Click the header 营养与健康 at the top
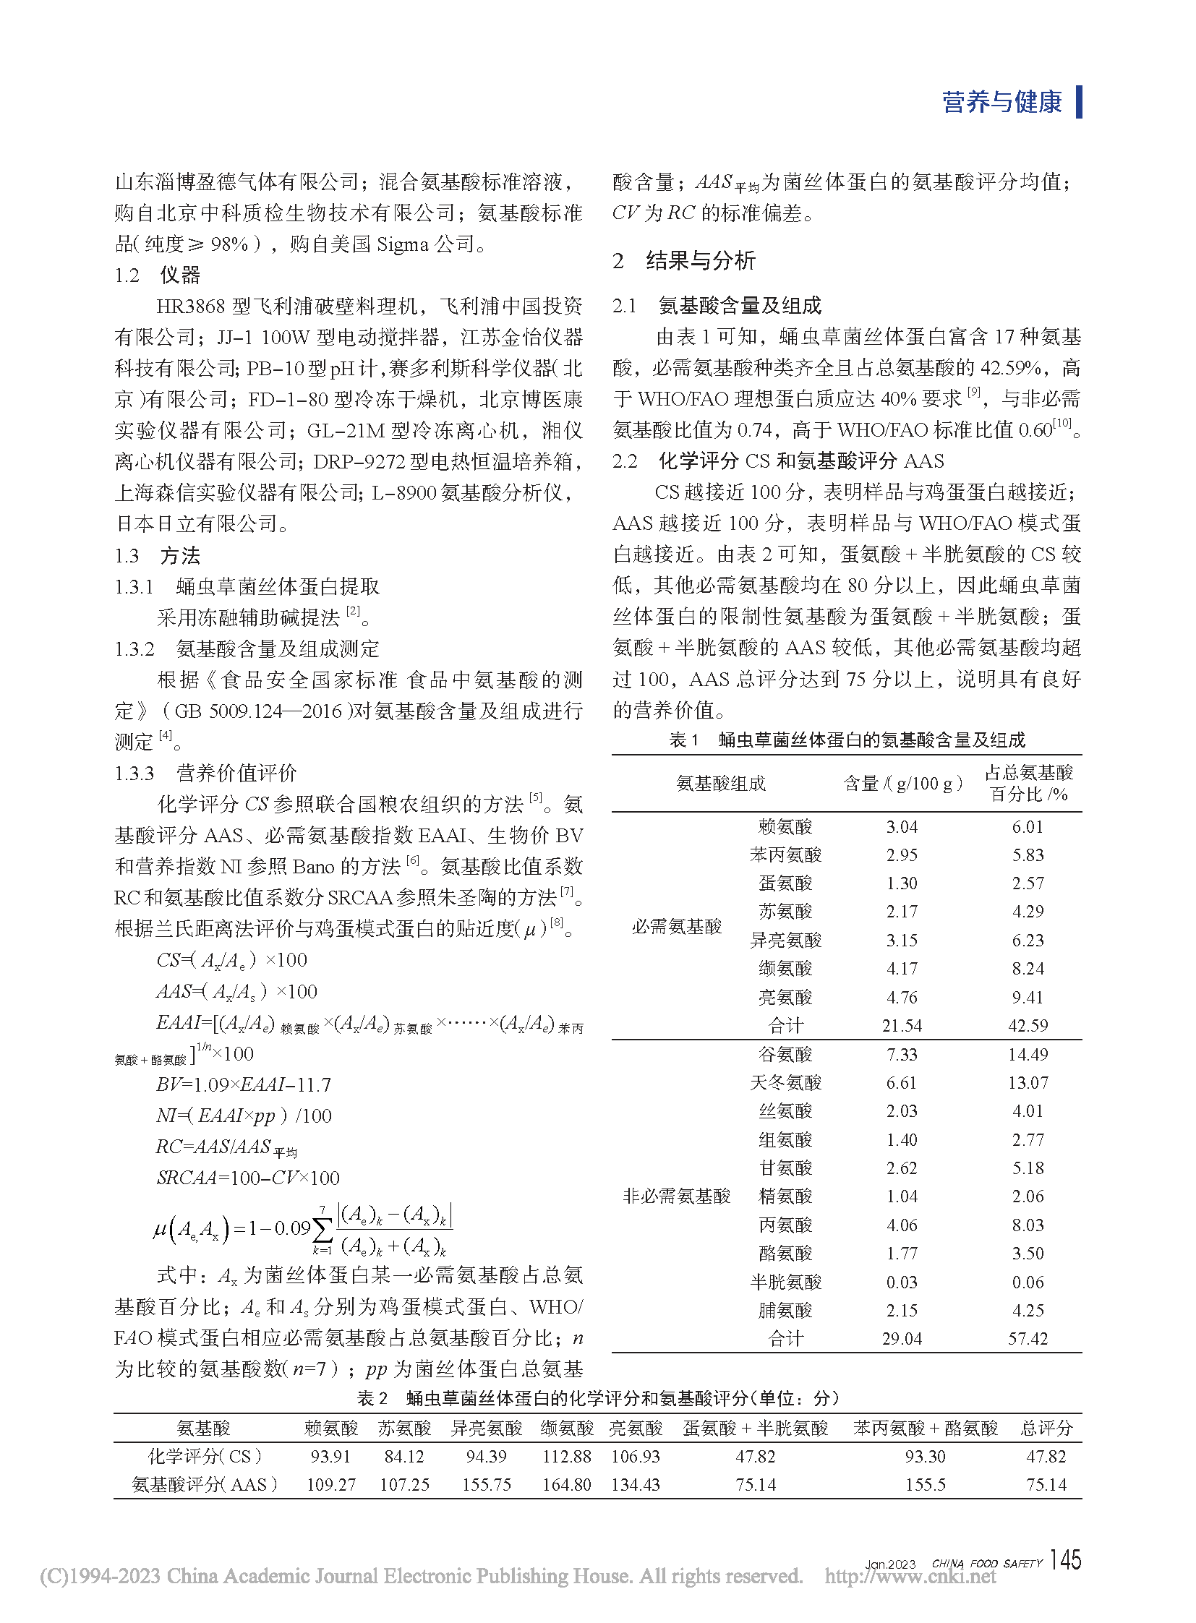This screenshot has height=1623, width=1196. pyautogui.click(x=1001, y=102)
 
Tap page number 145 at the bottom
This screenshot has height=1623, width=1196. pyautogui.click(x=1065, y=1559)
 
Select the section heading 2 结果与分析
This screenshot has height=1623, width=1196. pyautogui.click(x=684, y=260)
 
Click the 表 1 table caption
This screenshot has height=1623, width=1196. pyautogui.click(x=846, y=740)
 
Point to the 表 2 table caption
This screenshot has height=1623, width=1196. pyautogui.click(x=597, y=1398)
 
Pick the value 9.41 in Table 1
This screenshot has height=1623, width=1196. pyautogui.click(x=1028, y=998)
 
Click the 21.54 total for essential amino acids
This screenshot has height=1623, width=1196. pyautogui.click(x=902, y=1026)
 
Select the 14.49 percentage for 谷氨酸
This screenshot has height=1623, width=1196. pyautogui.click(x=1028, y=1055)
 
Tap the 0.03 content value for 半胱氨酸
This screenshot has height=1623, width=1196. pyautogui.click(x=902, y=1282)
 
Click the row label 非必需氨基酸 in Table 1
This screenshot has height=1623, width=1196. pyautogui.click(x=676, y=1196)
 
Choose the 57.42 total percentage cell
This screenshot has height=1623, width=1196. pyautogui.click(x=1028, y=1339)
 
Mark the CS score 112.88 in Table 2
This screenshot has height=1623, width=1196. pyautogui.click(x=566, y=1457)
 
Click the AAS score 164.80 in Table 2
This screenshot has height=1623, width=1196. pyautogui.click(x=566, y=1485)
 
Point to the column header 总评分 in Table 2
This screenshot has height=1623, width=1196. pyautogui.click(x=1046, y=1429)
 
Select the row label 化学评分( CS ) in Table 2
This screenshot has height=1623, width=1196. pyautogui.click(x=204, y=1457)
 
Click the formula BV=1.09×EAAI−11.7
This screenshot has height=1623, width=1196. pyautogui.click(x=243, y=1084)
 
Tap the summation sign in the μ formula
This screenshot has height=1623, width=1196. pyautogui.click(x=323, y=1228)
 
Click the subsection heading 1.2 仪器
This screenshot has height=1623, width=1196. pyautogui.click(x=157, y=275)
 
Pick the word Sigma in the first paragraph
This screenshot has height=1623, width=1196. pyautogui.click(x=403, y=244)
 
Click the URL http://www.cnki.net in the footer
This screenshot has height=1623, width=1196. pyautogui.click(x=910, y=1577)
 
